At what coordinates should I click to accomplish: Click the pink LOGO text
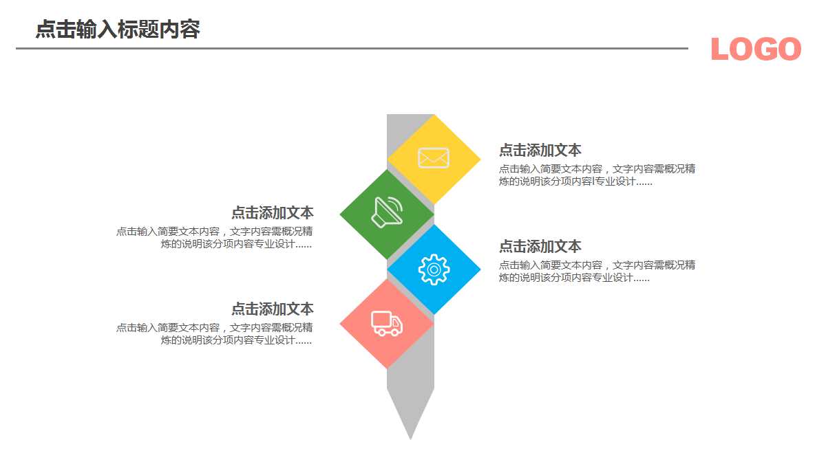point(756,49)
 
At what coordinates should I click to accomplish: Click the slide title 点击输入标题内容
point(118,30)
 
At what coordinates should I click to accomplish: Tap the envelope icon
point(434,158)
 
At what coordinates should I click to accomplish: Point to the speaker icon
point(387,211)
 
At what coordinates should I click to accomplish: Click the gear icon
point(434,269)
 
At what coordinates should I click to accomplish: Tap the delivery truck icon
point(387,323)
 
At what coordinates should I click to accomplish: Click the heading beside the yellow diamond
point(540,150)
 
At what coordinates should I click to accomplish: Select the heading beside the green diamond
point(272,212)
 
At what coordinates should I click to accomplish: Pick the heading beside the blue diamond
point(540,246)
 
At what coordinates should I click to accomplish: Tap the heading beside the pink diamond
point(272,309)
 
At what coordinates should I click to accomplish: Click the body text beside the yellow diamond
point(597,175)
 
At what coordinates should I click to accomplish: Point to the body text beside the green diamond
point(215,238)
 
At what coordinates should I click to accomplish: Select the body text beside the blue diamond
point(597,272)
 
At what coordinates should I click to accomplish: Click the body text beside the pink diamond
point(215,333)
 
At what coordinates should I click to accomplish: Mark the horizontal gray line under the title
point(352,48)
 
